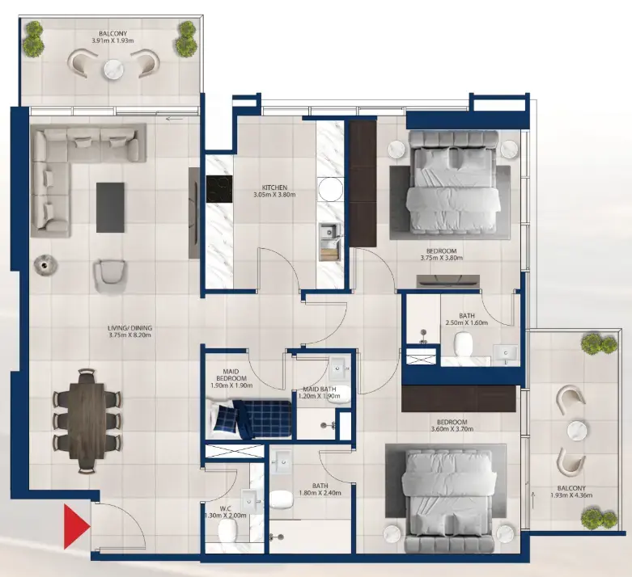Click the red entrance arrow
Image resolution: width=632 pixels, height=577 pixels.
(x=75, y=526)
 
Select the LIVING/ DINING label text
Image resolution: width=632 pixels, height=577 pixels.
(x=129, y=329)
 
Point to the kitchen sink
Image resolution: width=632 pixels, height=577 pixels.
(x=329, y=234)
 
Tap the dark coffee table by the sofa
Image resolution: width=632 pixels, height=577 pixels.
(x=110, y=206)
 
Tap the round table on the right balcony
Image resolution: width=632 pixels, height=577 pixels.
(x=575, y=430)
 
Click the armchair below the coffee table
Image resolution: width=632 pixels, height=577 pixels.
(x=111, y=276)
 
